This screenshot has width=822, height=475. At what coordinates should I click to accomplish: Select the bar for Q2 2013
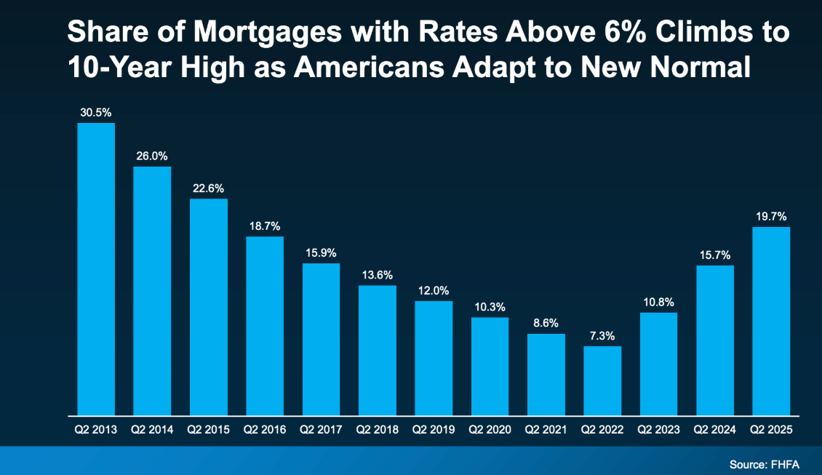click(96, 269)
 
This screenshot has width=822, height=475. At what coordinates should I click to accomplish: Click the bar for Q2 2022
click(602, 380)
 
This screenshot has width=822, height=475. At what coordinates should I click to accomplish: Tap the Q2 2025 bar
click(771, 321)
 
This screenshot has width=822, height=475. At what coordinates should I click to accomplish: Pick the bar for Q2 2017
click(321, 339)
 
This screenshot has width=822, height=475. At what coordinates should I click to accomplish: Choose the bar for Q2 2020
click(490, 366)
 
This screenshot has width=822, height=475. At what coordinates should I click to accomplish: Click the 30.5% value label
click(96, 113)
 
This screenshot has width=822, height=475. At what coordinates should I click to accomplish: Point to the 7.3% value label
click(602, 336)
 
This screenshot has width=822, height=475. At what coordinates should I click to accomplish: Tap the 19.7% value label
click(771, 217)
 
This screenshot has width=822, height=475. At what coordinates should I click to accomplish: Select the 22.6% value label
click(209, 188)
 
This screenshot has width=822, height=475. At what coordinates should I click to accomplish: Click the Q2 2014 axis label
click(152, 430)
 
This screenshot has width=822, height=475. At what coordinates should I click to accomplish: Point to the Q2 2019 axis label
click(434, 430)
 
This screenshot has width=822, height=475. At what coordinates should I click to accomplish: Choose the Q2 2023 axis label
click(658, 430)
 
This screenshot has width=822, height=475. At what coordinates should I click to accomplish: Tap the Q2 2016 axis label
click(265, 430)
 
